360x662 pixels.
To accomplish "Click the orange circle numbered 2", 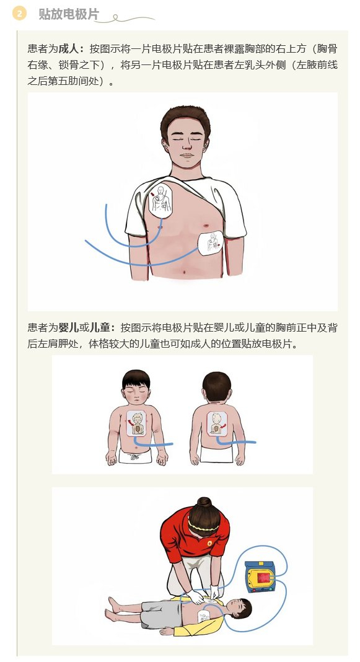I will (20, 14).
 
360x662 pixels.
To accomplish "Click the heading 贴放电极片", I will (68, 14).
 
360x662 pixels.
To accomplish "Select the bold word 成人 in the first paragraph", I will (68, 48).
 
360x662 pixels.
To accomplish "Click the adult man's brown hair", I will (186, 118).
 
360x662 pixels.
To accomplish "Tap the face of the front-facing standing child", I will (136, 392).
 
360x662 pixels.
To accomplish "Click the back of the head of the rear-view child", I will (217, 386).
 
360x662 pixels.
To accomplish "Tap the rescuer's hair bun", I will (204, 503).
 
